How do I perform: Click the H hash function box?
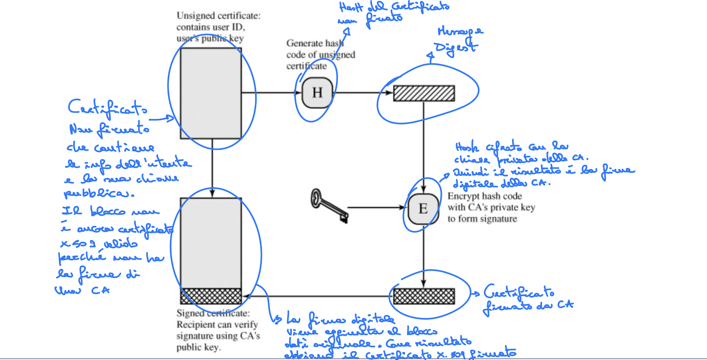coord(317,93)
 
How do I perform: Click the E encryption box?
coord(423,209)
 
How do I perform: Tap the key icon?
coord(329,206)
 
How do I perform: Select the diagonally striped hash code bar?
coord(424,93)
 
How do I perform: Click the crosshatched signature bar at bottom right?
coord(424,296)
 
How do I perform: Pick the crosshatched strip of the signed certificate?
coord(211,296)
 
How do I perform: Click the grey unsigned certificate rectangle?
coord(211,93)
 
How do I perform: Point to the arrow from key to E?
coord(376,208)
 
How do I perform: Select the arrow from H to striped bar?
coord(364,92)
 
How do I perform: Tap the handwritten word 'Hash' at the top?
coord(351,7)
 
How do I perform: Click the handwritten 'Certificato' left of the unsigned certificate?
coord(108,108)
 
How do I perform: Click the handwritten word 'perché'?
coord(81,257)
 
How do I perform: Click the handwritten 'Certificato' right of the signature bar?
coord(519,292)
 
